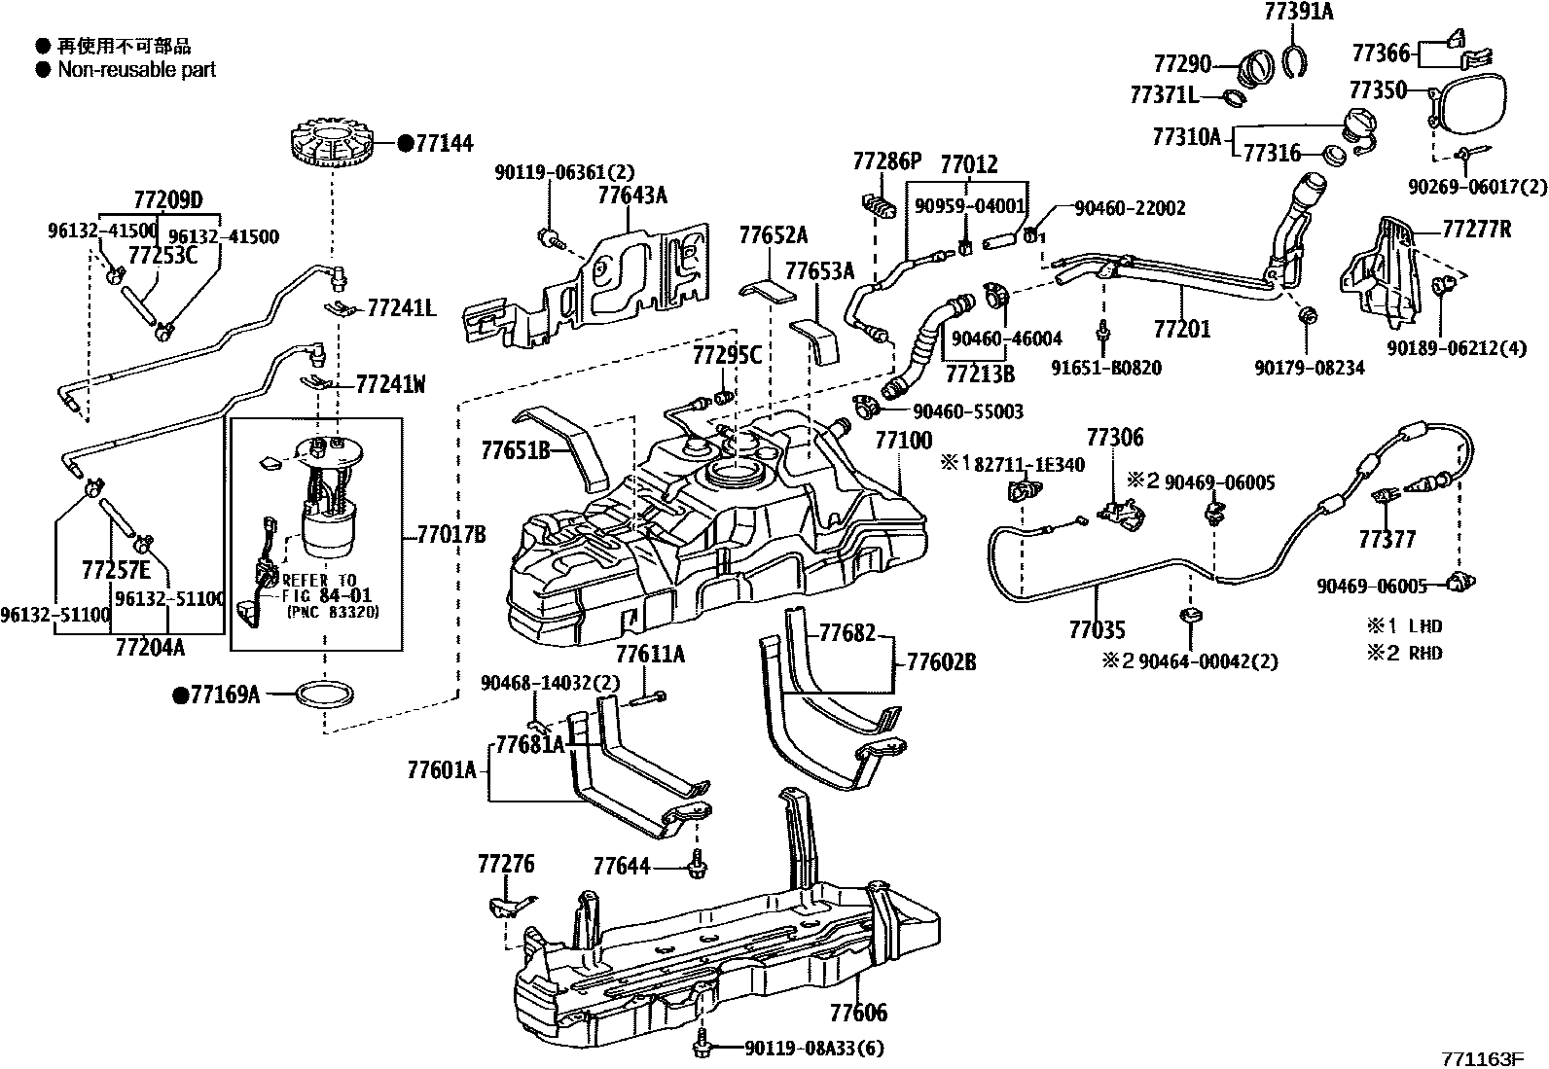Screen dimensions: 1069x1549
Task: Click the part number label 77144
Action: click(444, 144)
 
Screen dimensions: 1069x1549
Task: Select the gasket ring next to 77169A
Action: click(324, 695)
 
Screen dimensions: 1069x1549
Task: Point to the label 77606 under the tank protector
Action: click(858, 1013)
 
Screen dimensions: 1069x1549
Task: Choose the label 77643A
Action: click(631, 195)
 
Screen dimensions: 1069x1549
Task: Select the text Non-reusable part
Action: click(136, 70)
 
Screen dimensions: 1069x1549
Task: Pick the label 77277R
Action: click(1476, 230)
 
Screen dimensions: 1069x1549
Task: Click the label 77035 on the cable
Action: click(1097, 630)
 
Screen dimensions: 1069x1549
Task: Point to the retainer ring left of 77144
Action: click(332, 146)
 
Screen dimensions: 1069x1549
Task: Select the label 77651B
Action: click(515, 450)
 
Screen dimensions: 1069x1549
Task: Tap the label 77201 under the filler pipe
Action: click(1181, 328)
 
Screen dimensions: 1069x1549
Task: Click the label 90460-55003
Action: click(967, 412)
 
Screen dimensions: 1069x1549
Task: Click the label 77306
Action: click(1114, 439)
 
